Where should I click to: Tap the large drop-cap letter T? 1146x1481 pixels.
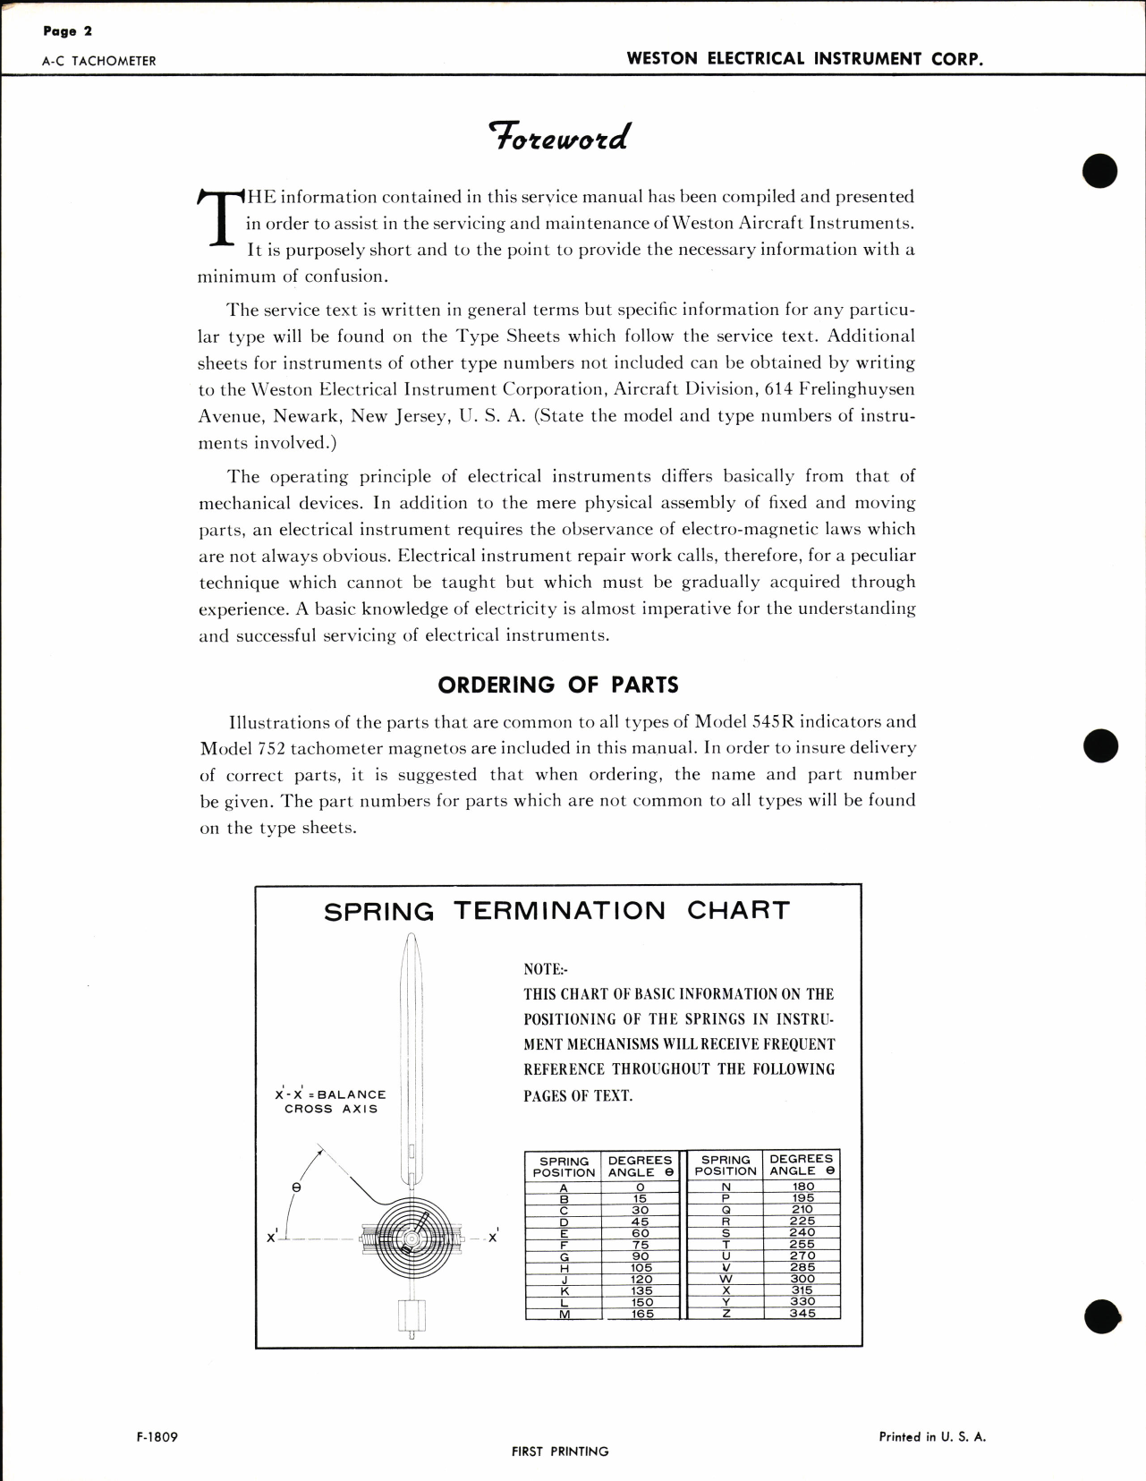tap(219, 218)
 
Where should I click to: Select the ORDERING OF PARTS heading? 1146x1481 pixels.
tap(558, 685)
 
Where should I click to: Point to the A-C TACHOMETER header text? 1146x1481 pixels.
tap(98, 62)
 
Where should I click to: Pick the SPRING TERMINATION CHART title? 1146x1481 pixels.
tap(557, 911)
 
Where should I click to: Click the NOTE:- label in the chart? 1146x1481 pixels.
tap(545, 970)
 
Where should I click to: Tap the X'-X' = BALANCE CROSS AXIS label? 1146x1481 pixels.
tap(331, 1102)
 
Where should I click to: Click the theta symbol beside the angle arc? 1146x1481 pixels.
tap(296, 1187)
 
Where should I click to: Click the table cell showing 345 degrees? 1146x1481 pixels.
tap(802, 1314)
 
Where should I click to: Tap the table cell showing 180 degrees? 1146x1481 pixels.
tap(802, 1187)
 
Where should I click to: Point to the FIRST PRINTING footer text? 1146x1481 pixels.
tap(560, 1451)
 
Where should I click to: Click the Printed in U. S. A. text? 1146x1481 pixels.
tap(932, 1437)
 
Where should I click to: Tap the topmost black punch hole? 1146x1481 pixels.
tap(1100, 171)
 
